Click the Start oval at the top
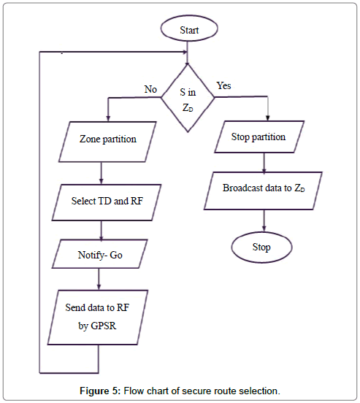tap(189, 30)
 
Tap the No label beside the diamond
tap(151, 89)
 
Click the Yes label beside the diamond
tap(225, 86)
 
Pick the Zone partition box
tap(107, 138)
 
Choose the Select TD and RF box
tap(106, 201)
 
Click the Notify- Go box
tap(100, 255)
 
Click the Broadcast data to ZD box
tap(264, 188)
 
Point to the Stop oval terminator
tap(262, 247)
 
